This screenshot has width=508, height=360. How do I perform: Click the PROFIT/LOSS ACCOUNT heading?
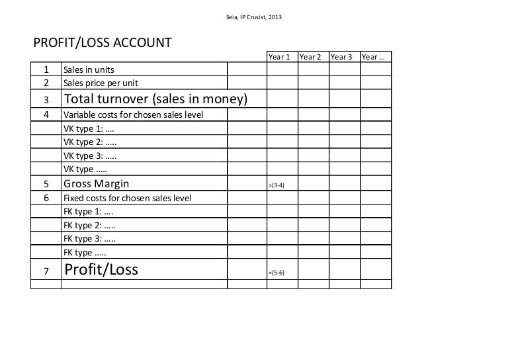click(103, 44)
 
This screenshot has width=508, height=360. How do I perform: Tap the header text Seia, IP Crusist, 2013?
click(254, 16)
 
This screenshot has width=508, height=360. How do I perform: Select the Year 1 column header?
click(279, 57)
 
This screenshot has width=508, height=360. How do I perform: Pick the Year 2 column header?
click(310, 57)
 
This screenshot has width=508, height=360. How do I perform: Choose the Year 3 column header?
click(341, 57)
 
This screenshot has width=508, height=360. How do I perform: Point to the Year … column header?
click(374, 57)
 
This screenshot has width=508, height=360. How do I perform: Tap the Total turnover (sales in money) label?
click(155, 99)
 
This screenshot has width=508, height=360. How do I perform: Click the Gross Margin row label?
click(96, 184)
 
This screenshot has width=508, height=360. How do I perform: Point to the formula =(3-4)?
click(276, 185)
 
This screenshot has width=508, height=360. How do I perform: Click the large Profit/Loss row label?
click(101, 270)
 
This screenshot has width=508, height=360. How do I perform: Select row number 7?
click(46, 271)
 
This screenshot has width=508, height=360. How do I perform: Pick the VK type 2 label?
click(90, 142)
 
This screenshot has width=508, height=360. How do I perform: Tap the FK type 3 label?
click(90, 239)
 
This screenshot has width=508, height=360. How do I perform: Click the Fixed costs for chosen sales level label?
click(127, 198)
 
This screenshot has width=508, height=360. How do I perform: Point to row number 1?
click(46, 69)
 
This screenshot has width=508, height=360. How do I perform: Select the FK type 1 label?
click(89, 212)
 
